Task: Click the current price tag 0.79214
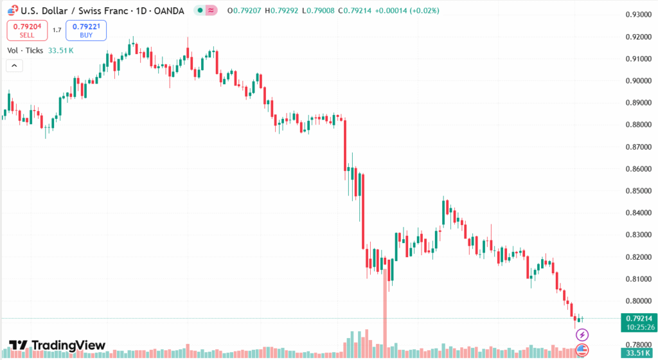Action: point(637,318)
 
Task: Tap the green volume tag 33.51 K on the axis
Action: point(637,353)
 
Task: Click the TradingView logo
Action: point(57,345)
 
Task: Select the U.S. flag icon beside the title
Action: point(8,10)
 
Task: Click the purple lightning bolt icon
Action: point(582,334)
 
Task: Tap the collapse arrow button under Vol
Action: point(14,65)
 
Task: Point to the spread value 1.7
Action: point(57,30)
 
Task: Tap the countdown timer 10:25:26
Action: point(637,327)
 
